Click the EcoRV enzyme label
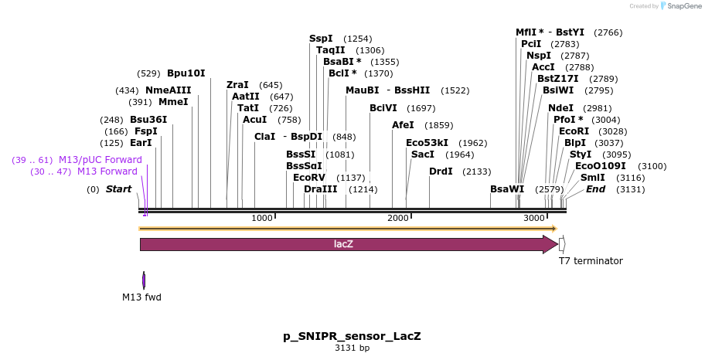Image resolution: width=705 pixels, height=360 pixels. point(309,178)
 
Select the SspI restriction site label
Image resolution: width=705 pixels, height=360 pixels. point(321,39)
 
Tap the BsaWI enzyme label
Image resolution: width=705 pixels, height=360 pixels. point(507,189)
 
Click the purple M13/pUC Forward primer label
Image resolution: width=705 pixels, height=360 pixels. point(100,160)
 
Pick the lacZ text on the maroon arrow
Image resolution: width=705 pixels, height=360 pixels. point(343,244)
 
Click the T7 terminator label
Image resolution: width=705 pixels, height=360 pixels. point(591,261)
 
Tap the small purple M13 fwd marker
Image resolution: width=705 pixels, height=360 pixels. point(144,280)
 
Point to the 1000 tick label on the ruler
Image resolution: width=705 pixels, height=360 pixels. point(262,219)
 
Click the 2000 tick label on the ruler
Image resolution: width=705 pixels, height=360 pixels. point(398,219)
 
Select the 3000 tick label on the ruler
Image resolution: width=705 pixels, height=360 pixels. point(534,219)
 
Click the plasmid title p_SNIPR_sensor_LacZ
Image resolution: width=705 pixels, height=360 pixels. point(352,337)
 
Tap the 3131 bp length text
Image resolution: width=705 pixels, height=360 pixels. point(352,348)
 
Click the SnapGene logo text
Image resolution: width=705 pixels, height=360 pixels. point(683,6)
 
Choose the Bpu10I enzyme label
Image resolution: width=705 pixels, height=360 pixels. point(186,73)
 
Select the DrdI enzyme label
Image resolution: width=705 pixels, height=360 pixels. point(441,172)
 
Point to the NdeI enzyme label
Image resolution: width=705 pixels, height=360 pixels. point(560,108)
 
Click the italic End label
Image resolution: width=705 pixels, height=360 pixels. point(595,189)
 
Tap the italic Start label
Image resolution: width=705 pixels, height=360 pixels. point(118,189)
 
